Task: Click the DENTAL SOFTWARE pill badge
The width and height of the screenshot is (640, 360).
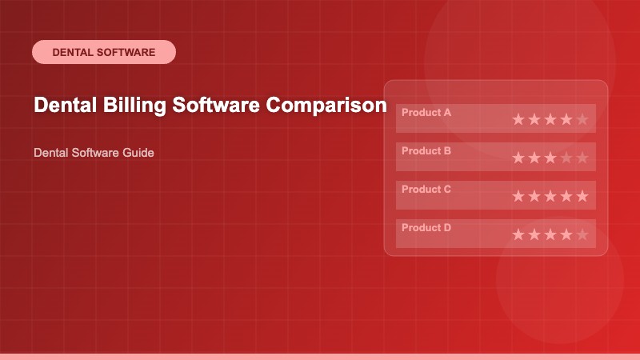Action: [x=103, y=52]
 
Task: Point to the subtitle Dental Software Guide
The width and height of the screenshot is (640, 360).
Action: [x=94, y=152]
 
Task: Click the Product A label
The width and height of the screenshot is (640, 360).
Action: [x=426, y=113]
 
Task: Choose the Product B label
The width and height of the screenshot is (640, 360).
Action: [x=426, y=151]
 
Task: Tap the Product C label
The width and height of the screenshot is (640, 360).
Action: [x=426, y=190]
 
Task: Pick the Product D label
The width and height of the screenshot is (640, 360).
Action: [x=426, y=228]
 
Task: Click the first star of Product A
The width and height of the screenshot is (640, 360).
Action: [x=518, y=120]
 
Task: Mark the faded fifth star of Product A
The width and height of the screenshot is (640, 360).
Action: [x=582, y=120]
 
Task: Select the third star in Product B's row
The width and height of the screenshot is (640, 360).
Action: [x=550, y=158]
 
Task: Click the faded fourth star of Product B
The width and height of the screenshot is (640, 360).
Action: [x=566, y=158]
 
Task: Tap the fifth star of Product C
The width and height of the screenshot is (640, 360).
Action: [x=582, y=197]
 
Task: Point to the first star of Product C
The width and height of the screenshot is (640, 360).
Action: [x=518, y=197]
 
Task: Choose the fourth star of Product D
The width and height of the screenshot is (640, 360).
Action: [x=566, y=235]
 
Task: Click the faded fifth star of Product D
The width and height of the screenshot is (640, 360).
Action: [x=582, y=235]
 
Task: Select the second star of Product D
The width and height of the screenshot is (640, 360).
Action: [x=534, y=235]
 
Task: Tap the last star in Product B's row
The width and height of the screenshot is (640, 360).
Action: [x=582, y=158]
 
